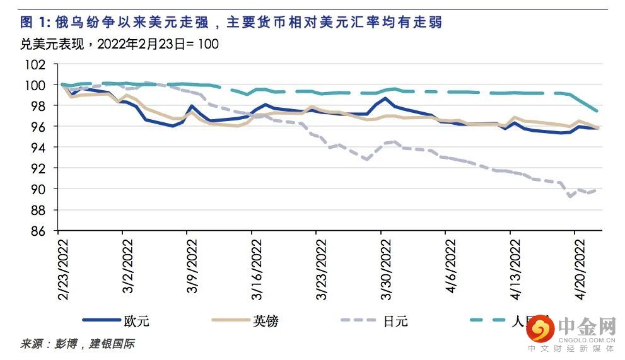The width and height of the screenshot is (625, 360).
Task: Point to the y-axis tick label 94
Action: [40, 148]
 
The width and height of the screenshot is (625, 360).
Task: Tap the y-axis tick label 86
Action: [40, 231]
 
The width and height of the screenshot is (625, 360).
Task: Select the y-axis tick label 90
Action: [40, 189]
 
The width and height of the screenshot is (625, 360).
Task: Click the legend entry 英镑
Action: [266, 321]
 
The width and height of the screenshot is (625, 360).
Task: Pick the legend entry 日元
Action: [395, 321]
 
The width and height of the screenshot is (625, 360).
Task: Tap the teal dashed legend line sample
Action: [495, 321]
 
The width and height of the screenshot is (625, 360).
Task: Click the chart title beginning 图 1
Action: [231, 23]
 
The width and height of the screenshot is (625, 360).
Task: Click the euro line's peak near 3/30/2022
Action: [385, 98]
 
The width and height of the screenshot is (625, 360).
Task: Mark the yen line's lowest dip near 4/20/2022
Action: [571, 196]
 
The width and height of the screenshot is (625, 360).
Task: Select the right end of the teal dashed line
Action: [597, 111]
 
